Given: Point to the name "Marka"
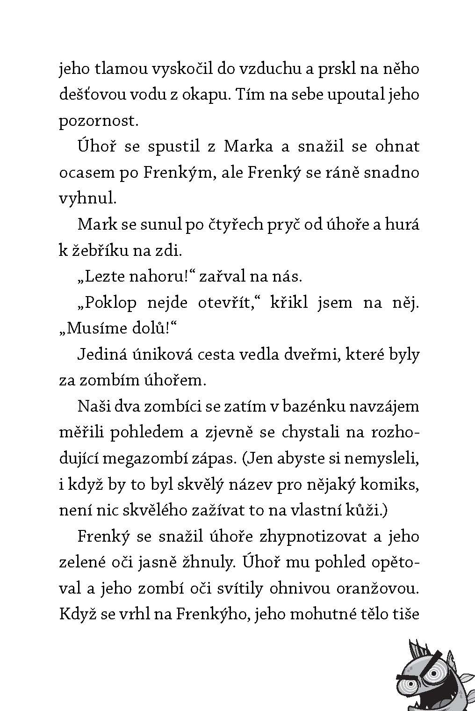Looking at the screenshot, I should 248,146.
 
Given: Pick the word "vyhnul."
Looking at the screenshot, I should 87,198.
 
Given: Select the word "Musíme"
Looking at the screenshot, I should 95,328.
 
